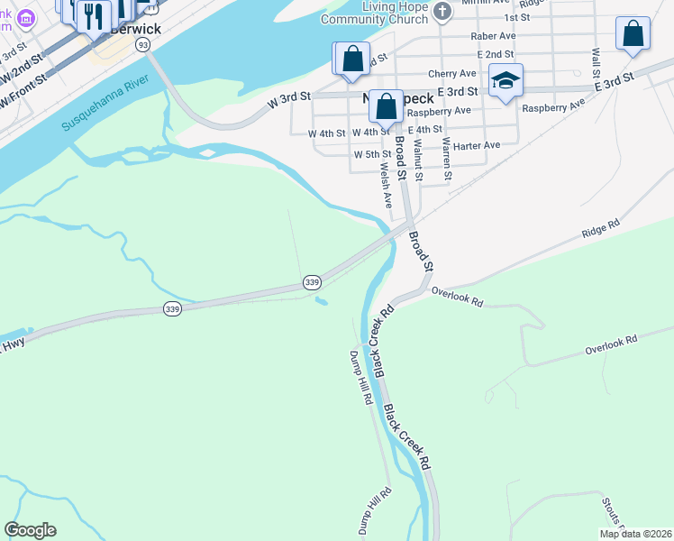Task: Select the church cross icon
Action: [x=442, y=12]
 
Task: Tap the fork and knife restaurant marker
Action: [x=92, y=14]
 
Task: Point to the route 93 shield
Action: [x=142, y=43]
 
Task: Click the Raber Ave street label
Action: [x=493, y=36]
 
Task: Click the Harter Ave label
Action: [x=478, y=145]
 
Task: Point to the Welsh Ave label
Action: [x=386, y=185]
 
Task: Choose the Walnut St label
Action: [x=417, y=153]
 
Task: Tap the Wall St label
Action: [x=595, y=61]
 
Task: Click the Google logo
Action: [x=30, y=530]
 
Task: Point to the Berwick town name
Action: [x=135, y=28]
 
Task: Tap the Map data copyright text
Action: [x=635, y=534]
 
